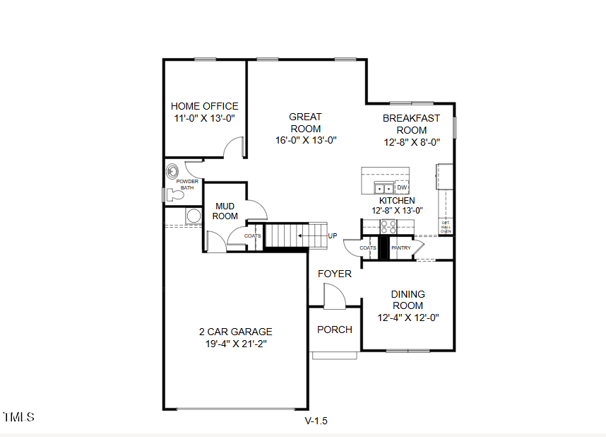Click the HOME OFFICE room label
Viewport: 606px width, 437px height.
205,106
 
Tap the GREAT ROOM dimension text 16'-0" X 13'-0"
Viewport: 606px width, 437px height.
305,140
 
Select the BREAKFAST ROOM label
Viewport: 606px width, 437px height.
411,124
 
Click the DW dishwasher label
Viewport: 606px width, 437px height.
402,187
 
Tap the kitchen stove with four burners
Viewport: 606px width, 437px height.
388,226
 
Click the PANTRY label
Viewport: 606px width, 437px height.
401,248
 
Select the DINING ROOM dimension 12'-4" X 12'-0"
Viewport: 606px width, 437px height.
408,317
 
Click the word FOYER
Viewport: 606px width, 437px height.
334,274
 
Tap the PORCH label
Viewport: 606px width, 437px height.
334,330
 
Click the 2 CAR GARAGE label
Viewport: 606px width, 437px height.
235,332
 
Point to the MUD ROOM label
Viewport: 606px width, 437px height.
225,211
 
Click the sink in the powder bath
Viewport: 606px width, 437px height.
173,170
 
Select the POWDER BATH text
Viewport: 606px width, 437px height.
187,185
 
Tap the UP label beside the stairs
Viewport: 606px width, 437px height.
333,235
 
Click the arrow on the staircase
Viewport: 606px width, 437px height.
307,235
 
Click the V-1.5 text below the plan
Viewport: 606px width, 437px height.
316,421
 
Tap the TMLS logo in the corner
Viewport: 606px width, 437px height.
18,417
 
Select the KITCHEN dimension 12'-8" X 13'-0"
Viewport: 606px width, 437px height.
397,210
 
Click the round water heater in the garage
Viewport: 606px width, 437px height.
193,216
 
